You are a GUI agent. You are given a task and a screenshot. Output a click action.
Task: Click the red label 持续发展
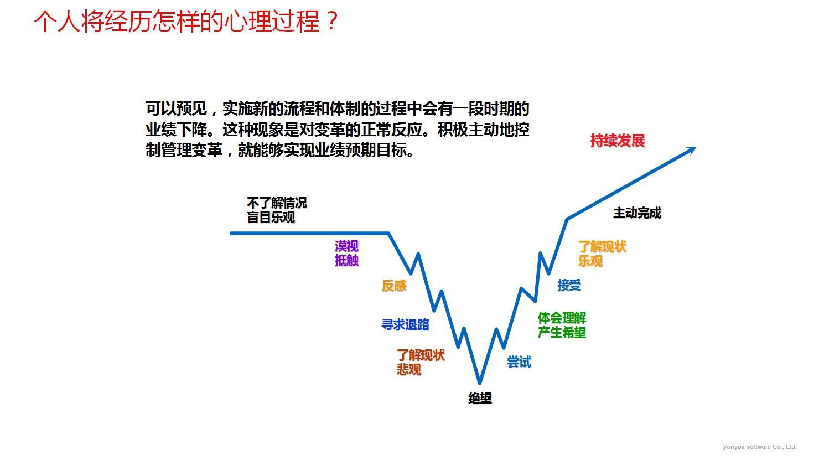(618, 141)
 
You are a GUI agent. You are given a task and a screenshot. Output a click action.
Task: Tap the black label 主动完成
(637, 213)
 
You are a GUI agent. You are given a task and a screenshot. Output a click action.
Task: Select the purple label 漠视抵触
(346, 254)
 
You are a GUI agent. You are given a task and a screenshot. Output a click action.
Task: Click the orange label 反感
(394, 286)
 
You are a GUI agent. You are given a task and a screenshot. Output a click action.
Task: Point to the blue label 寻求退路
(405, 324)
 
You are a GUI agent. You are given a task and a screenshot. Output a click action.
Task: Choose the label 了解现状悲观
(421, 362)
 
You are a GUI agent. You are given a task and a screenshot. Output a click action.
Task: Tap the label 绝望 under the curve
(480, 398)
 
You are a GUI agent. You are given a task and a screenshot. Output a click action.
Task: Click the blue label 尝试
(519, 362)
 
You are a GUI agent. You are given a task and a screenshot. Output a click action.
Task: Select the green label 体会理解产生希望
(562, 325)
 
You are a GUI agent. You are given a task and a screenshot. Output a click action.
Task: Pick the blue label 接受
(569, 285)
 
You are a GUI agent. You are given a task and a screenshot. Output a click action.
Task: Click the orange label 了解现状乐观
(602, 254)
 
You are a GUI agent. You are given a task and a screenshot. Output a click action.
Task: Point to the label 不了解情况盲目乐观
(277, 210)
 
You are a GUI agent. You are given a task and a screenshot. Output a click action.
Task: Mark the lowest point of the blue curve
(480, 383)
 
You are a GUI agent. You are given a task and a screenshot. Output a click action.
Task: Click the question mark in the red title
(332, 21)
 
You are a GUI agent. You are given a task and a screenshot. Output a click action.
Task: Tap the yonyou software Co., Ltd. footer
(760, 447)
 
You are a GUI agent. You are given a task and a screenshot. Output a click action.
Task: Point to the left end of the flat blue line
(231, 233)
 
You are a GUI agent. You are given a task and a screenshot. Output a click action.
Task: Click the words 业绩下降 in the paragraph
(176, 130)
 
